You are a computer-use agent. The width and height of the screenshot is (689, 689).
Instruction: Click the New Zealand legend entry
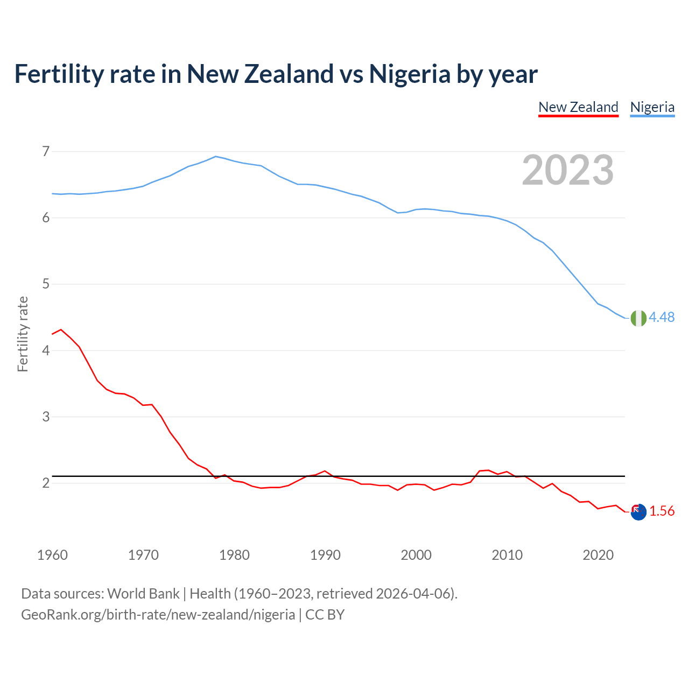[578, 107]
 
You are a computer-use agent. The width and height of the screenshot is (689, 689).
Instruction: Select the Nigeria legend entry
[652, 107]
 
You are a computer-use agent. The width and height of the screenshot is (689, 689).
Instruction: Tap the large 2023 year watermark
[567, 170]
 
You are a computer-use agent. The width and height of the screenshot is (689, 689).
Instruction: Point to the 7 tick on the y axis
[46, 151]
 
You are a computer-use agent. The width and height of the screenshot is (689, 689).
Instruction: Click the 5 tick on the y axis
[46, 284]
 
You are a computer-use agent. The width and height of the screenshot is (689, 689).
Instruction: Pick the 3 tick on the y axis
[46, 417]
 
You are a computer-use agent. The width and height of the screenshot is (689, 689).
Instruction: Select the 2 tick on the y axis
[46, 483]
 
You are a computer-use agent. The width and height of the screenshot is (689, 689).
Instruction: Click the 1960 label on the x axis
[52, 555]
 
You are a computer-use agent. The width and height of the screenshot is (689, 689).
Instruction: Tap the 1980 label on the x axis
[234, 555]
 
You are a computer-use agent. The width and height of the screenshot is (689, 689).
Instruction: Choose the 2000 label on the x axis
[416, 555]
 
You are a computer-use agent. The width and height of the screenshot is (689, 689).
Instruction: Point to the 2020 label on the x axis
[598, 555]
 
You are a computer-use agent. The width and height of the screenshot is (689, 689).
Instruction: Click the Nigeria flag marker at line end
[638, 318]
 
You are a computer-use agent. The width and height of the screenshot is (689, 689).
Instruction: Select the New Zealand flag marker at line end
[638, 512]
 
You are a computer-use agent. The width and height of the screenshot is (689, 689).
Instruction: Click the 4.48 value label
[662, 318]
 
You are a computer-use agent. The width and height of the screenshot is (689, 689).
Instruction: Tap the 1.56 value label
[662, 511]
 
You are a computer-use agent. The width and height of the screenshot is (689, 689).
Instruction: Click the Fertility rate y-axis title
[23, 334]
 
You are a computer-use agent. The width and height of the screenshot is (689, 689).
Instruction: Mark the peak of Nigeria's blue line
[216, 157]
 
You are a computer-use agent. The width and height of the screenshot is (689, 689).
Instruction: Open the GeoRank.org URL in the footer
[158, 615]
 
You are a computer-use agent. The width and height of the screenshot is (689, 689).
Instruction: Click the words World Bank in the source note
[143, 594]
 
